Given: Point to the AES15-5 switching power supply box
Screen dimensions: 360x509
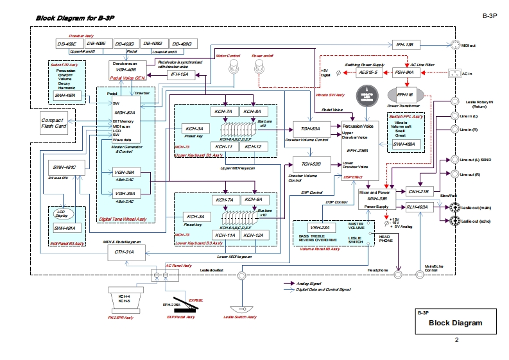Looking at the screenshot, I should [x=369, y=73].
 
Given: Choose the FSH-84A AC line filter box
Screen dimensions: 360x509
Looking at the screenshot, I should [x=404, y=73].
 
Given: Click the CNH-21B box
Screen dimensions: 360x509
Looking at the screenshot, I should [x=418, y=191].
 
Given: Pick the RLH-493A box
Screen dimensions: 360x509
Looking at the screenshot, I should [x=418, y=207].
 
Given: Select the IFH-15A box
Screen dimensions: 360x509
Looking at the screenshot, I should [x=180, y=75].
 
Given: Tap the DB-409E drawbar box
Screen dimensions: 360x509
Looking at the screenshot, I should [x=66, y=44].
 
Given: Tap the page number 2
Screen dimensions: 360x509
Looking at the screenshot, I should [x=456, y=339].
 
